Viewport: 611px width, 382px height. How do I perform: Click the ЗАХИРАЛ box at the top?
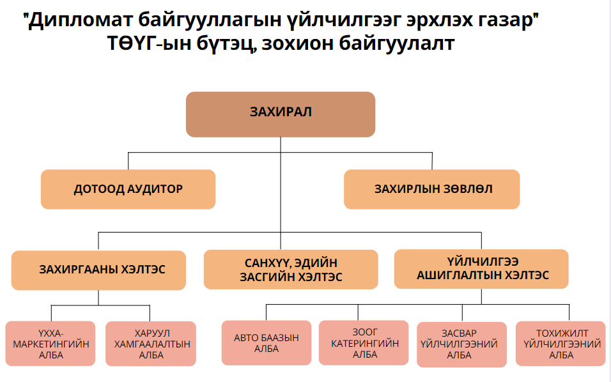[281, 114]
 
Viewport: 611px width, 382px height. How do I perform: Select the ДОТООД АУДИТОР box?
[128, 189]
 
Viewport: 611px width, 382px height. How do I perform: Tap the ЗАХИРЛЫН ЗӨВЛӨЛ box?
[432, 189]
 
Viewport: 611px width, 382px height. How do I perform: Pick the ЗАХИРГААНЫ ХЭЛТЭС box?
[98, 270]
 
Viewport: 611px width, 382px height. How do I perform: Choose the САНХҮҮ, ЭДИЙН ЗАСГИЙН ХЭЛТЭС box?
[291, 270]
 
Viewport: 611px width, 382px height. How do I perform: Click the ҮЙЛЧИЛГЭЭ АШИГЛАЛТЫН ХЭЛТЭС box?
[481, 269]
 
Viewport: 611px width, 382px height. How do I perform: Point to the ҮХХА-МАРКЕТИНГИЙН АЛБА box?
[50, 344]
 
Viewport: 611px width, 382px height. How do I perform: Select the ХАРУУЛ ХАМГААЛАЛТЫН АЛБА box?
[151, 344]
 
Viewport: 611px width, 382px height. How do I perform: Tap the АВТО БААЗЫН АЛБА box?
[267, 342]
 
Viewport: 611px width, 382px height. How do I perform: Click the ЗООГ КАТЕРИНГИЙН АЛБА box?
[364, 342]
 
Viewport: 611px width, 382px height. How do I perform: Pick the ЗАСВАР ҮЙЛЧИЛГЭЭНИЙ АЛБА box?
[461, 344]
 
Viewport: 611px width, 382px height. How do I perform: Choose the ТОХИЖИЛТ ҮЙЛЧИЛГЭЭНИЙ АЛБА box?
[561, 344]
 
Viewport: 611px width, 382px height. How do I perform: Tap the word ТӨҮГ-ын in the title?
[150, 43]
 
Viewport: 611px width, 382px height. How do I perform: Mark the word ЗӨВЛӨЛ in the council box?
[463, 189]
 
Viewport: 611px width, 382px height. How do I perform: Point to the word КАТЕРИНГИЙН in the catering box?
[365, 344]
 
